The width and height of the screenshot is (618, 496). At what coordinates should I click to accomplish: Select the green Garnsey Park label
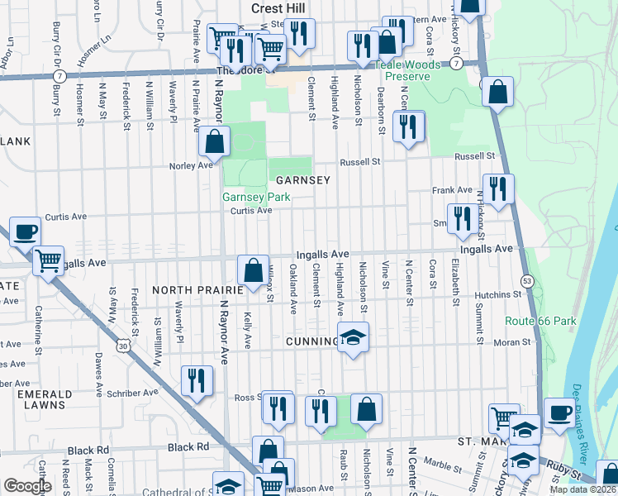tap(255, 198)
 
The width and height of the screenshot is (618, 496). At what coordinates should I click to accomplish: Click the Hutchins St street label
tap(497, 294)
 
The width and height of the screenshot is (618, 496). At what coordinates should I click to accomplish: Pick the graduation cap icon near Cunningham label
tap(353, 338)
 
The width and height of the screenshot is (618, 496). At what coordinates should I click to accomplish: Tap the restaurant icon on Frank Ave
tap(497, 190)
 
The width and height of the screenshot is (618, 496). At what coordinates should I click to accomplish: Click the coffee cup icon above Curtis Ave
tap(25, 231)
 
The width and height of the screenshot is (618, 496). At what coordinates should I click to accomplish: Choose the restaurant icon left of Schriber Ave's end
tap(197, 380)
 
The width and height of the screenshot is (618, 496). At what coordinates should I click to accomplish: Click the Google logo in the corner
tap(27, 486)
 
